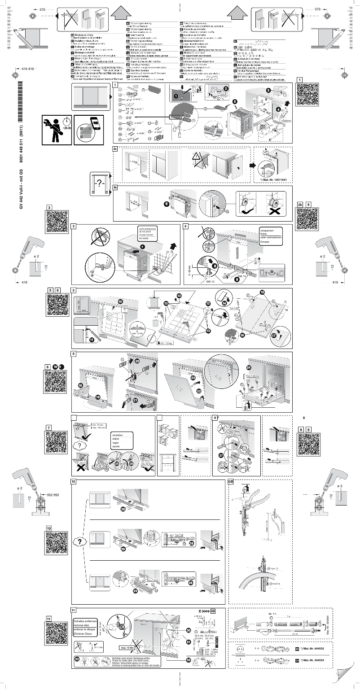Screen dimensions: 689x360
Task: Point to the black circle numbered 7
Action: pos(142,247)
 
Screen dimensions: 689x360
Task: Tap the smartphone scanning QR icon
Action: pos(86,130)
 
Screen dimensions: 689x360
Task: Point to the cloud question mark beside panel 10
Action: pos(79,541)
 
